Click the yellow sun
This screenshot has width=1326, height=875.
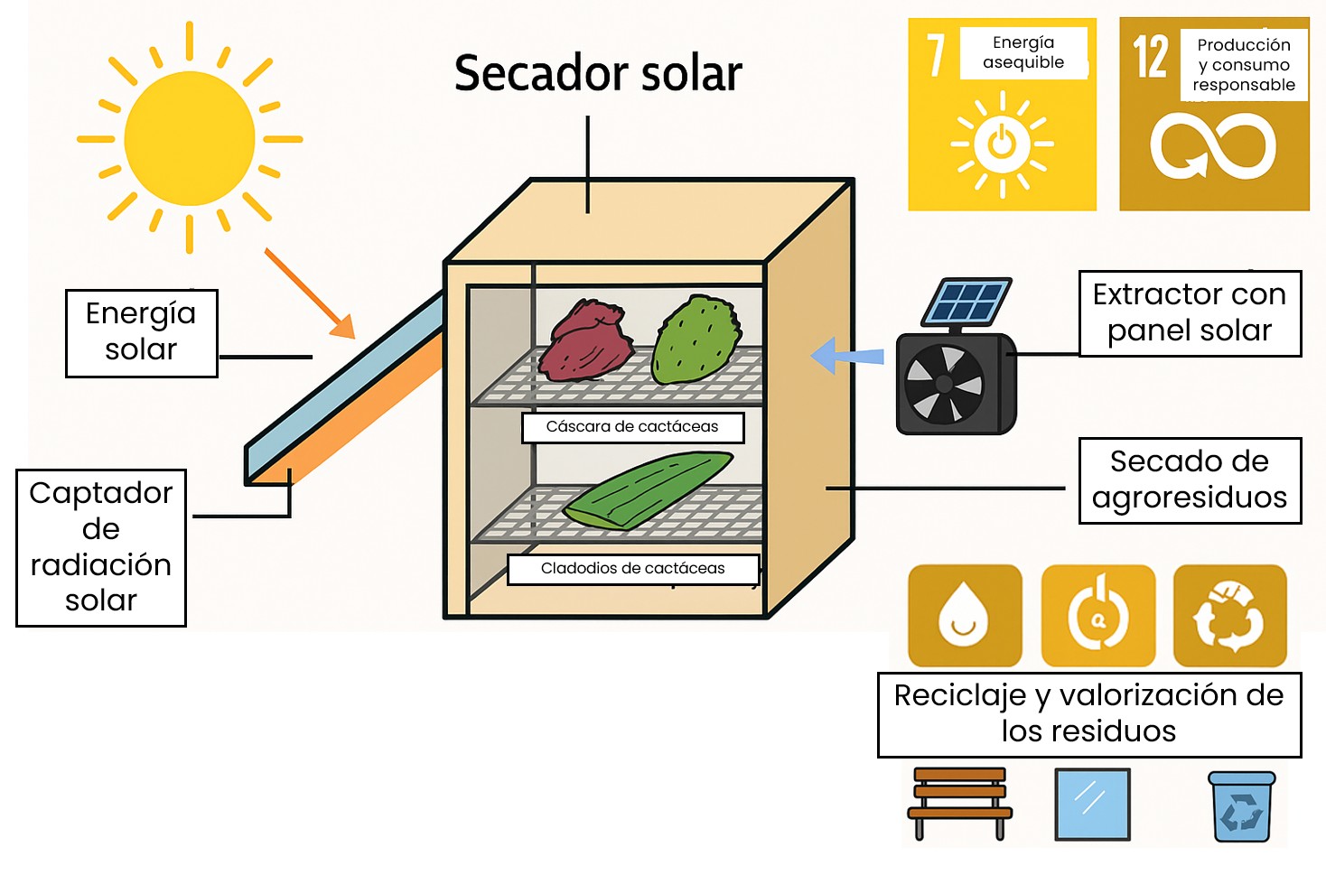tap(190, 139)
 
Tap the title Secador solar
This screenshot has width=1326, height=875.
tap(598, 73)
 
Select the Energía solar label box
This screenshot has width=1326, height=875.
tap(141, 332)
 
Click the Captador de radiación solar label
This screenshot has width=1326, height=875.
tap(101, 547)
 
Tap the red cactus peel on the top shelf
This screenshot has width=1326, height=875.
tap(585, 341)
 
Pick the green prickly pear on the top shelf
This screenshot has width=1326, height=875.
tap(696, 339)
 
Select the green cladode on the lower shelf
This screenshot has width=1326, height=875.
tap(649, 490)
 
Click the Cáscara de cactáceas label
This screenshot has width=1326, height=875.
tap(632, 427)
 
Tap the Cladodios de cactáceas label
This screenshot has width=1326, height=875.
tap(632, 569)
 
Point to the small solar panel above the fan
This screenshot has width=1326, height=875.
tap(966, 301)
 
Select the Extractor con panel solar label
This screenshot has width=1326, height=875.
tap(1190, 313)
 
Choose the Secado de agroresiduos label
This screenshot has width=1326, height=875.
tap(1190, 480)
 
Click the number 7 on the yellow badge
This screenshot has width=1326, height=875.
tap(936, 56)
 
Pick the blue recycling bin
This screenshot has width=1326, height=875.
tap(1242, 806)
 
